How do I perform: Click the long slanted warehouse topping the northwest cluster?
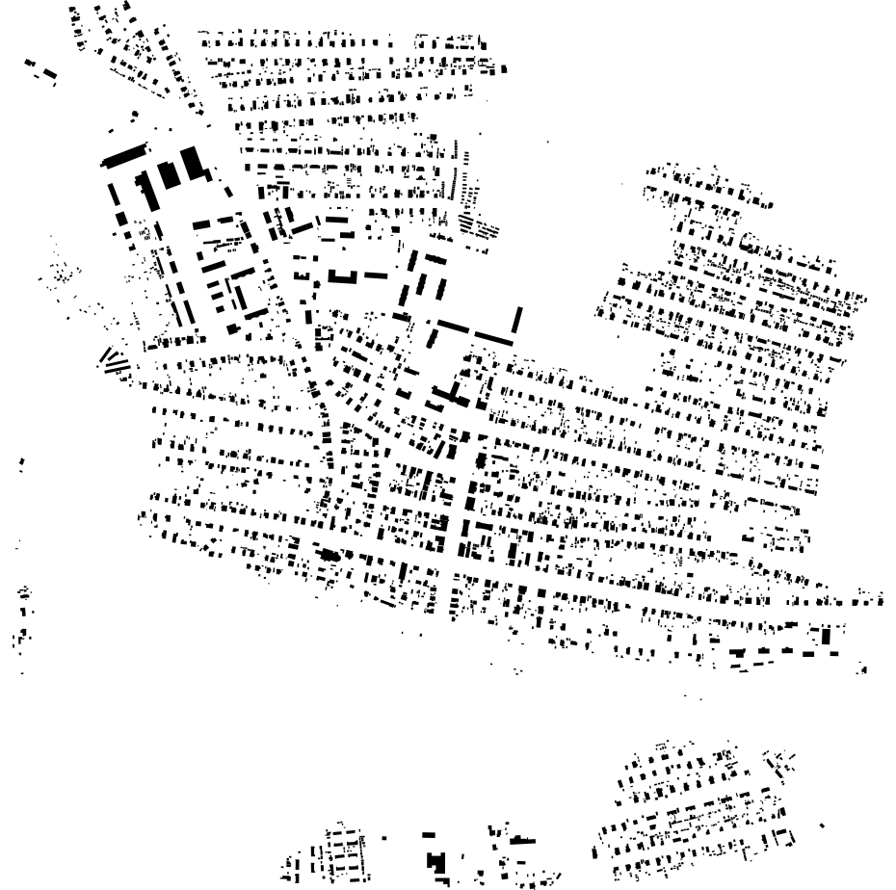coord(124,154)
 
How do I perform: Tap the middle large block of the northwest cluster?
coord(169,175)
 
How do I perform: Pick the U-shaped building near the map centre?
coord(342,276)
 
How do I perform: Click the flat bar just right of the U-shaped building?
coord(376,275)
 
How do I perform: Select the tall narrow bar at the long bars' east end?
coord(517,320)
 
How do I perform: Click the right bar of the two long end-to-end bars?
coord(494,337)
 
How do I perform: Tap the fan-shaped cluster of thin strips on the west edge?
coord(115,362)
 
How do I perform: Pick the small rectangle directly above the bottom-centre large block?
coord(429,834)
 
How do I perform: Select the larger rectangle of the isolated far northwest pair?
coord(48,74)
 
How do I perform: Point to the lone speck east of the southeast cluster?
coord(821,825)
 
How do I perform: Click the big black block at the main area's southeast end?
coord(826,636)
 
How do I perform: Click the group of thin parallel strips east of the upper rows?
coord(479,227)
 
